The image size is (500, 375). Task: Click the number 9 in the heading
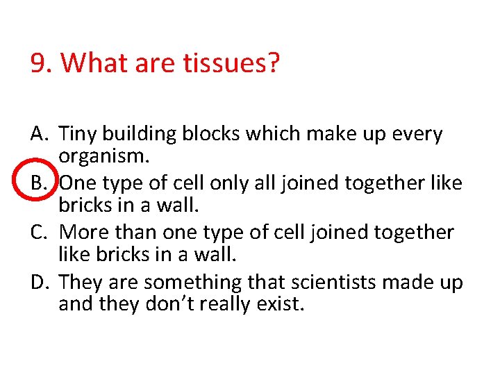(x=39, y=64)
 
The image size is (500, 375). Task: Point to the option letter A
(x=39, y=133)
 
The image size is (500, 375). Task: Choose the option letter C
(x=39, y=232)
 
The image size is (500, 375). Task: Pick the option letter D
(x=40, y=282)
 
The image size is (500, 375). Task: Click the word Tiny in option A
(x=78, y=134)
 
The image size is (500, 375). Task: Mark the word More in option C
(x=83, y=233)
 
